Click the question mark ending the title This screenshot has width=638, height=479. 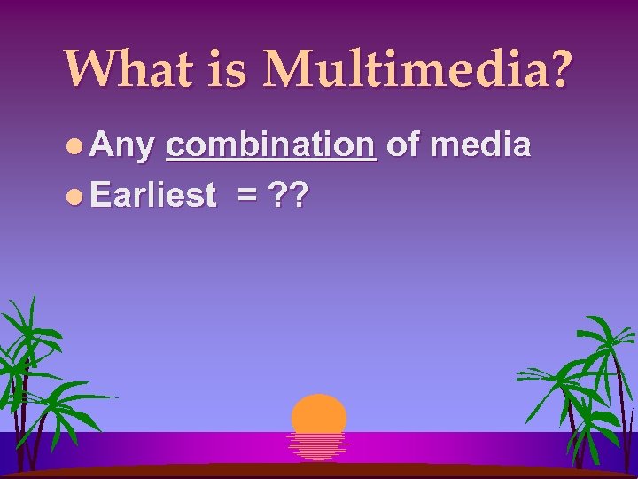tap(559, 68)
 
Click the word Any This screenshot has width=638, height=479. tap(122, 145)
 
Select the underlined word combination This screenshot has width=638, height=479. tap(271, 145)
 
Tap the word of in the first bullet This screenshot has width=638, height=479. tap(403, 145)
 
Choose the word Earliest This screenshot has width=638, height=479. tap(153, 194)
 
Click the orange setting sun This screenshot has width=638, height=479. tap(319, 412)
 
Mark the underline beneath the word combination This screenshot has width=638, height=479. tap(271, 160)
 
